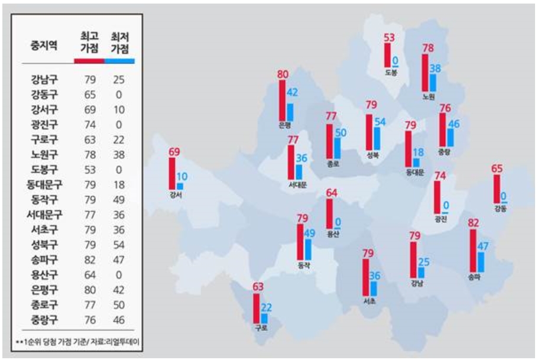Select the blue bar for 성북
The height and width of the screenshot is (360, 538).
pyautogui.click(x=377, y=138)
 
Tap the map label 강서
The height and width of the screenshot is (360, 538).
pyautogui.click(x=175, y=196)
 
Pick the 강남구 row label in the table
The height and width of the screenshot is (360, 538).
pyautogui.click(x=45, y=79)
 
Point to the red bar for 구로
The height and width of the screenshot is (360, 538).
pyautogui.click(x=256, y=307)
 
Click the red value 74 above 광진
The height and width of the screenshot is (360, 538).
pyautogui.click(x=439, y=176)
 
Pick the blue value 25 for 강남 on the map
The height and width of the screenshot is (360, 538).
pyautogui.click(x=423, y=262)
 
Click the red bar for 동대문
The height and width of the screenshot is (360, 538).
pyautogui.click(x=409, y=148)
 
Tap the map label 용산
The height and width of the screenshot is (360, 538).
pyautogui.click(x=333, y=233)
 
